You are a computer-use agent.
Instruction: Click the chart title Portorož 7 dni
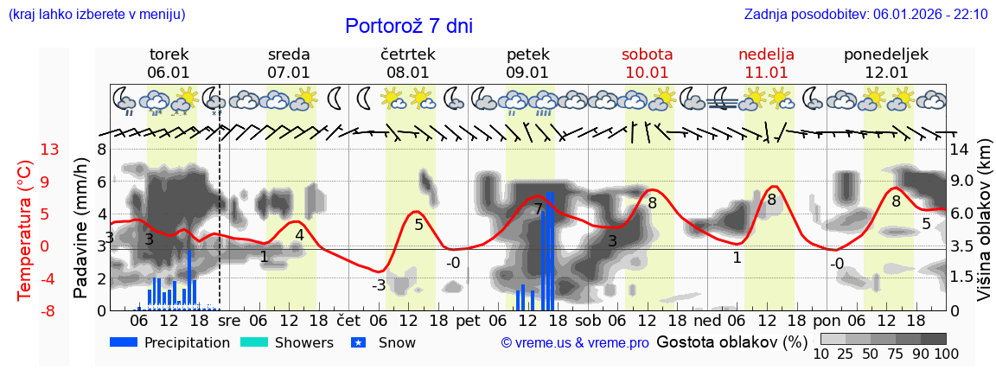tap(408, 26)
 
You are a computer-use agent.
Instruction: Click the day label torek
tap(169, 54)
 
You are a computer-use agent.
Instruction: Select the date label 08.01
tap(408, 73)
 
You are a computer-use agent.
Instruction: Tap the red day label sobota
tap(647, 54)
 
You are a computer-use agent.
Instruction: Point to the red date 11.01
tap(766, 73)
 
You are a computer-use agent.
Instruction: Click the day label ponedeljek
tap(886, 54)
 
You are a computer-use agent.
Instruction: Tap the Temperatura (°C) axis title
tap(25, 229)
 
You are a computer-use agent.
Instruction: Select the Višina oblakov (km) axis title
tap(984, 229)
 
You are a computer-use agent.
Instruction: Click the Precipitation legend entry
tap(170, 342)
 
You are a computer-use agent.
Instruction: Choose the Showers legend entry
tap(286, 342)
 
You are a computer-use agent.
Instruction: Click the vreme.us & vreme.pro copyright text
tap(574, 343)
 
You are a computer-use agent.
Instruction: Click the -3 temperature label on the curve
tap(379, 286)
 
